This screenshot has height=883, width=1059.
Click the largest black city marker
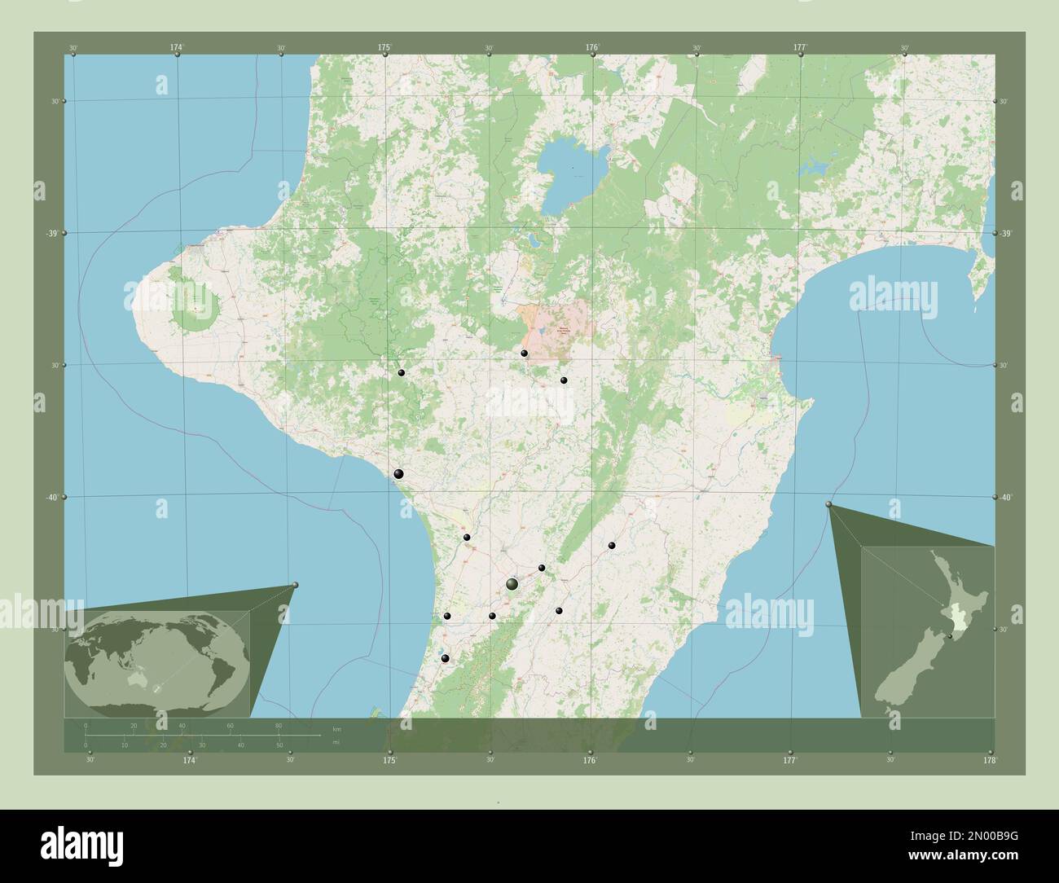pos(512,584)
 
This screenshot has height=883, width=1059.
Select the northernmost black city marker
pos(525,354)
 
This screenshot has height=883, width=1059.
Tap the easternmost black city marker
pos(612,546)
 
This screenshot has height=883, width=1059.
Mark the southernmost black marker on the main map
pos(445,658)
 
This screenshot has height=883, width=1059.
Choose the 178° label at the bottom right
pos(990,760)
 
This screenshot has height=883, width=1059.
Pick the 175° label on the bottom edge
pos(390,760)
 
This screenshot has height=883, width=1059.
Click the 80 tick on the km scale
pos(279,725)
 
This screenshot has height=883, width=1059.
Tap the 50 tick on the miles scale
pos(279,745)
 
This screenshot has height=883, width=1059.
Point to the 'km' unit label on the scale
pos(336,727)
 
